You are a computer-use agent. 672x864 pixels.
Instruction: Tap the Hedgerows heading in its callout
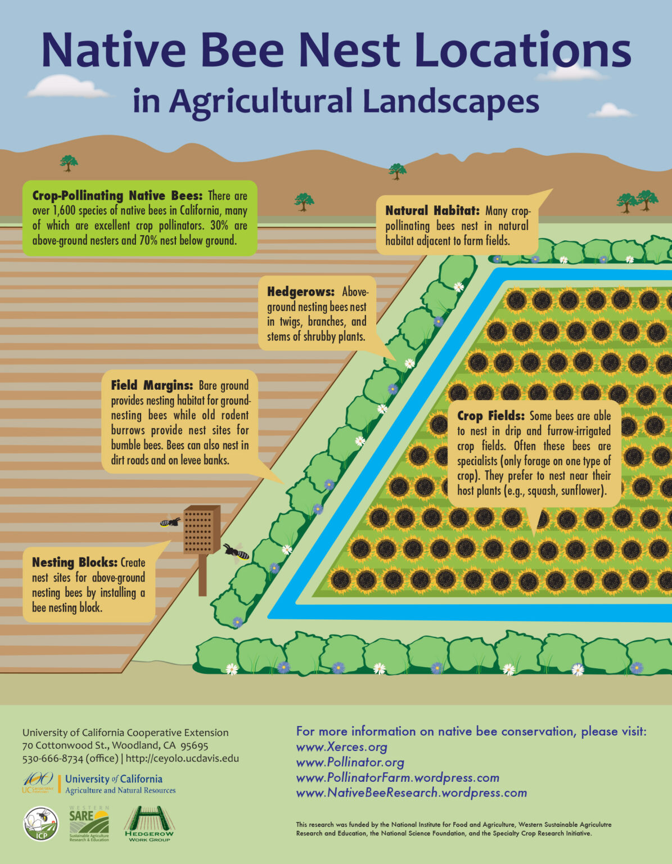301,292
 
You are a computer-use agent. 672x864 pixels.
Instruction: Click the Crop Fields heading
490,416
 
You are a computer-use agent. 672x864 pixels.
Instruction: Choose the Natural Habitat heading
432,211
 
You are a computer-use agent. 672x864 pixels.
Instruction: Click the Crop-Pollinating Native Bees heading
117,196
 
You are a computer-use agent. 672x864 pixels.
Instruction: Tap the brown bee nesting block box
201,530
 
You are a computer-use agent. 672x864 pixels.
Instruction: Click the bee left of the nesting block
170,522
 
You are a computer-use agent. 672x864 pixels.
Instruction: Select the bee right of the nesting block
236,551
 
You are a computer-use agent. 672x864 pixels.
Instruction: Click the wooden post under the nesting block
202,575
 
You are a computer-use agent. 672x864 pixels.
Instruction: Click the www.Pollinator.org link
350,762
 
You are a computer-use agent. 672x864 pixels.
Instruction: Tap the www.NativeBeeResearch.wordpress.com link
411,793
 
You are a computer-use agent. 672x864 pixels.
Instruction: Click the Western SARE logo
89,823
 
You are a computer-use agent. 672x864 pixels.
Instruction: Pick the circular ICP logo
40,824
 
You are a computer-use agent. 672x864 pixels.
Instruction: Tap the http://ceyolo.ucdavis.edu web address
182,758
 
